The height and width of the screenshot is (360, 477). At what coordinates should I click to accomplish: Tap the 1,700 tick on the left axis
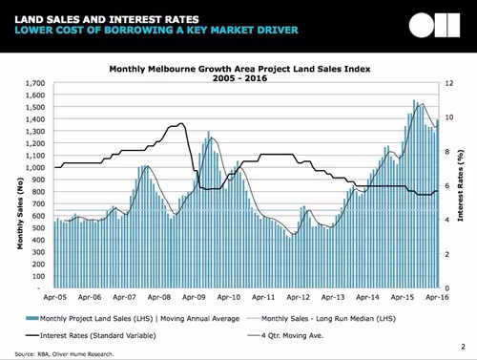tap(36, 83)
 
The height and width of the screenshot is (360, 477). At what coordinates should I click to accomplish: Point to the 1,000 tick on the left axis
tap(36, 168)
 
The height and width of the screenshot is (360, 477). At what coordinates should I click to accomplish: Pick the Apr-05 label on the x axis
tap(56, 297)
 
